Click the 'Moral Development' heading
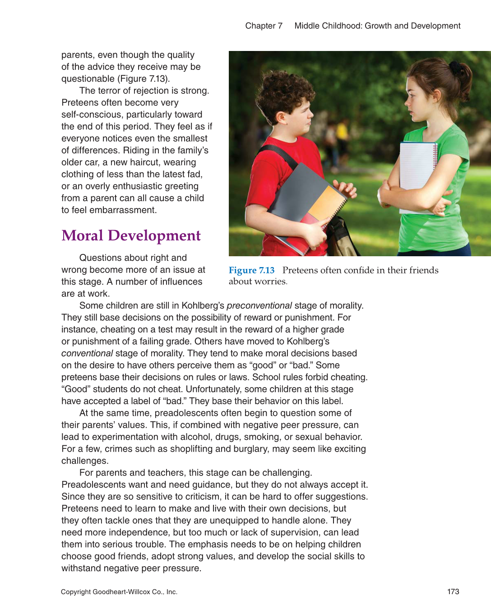point(131,235)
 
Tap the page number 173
point(453,591)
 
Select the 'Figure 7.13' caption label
point(251,270)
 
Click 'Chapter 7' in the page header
point(264,26)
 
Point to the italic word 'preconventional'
point(259,305)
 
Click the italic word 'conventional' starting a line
point(87,353)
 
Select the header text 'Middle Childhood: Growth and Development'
point(377,26)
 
